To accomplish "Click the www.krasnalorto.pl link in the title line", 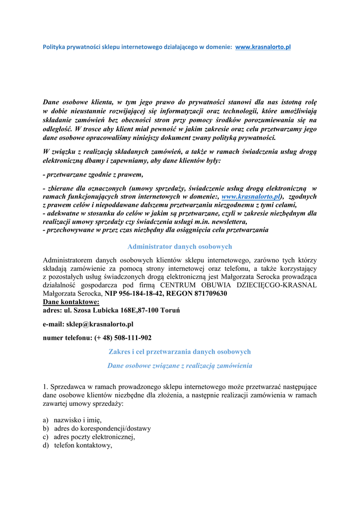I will (263, 47).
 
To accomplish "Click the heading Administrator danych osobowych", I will (180, 247).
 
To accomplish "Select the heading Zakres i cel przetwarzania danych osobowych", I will (180, 352).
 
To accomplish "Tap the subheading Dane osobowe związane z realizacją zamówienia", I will (180, 366).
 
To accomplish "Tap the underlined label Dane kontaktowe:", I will (71, 302).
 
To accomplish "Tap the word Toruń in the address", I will (169, 310).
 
